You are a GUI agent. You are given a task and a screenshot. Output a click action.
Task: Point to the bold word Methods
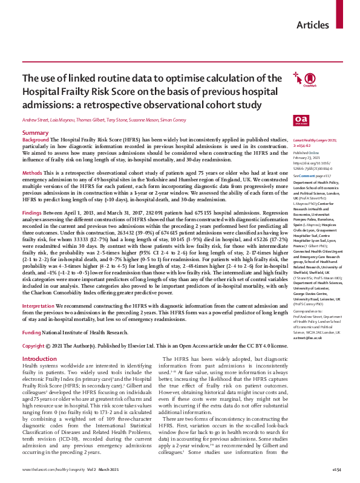click(x=32, y=173)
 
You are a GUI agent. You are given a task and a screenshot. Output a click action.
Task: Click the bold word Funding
click(x=31, y=316)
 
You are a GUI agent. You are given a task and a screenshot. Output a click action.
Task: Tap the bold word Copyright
click(x=33, y=329)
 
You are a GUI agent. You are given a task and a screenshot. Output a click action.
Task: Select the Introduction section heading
click(x=39, y=342)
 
